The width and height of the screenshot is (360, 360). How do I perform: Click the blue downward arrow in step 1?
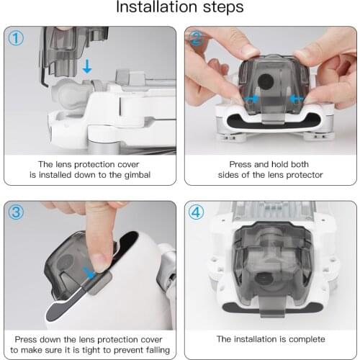click(x=86, y=67)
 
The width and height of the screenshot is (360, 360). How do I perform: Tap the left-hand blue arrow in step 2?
click(x=252, y=99)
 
